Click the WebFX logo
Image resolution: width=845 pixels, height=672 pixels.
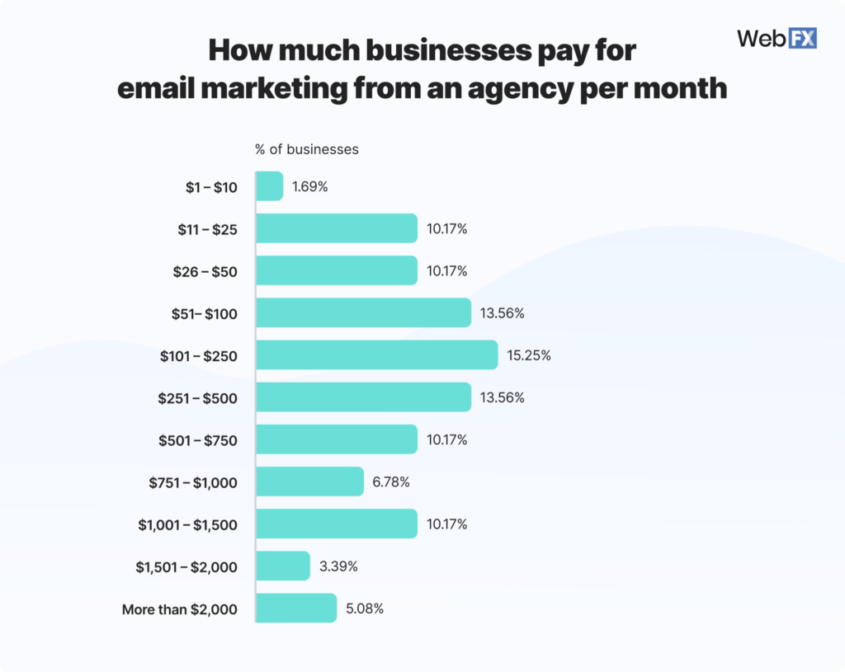[776, 38]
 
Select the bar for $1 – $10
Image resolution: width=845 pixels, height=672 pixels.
[270, 186]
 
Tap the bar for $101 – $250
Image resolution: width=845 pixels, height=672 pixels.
[377, 355]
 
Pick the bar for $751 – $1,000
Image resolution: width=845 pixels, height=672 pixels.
[309, 482]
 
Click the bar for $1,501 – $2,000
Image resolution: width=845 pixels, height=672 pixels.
[283, 566]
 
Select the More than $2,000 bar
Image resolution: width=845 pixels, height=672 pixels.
[296, 609]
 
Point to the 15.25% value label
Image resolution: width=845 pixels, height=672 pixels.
[529, 355]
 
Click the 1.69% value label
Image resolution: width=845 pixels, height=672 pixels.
[310, 186]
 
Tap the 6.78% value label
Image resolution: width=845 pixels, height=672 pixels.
[391, 482]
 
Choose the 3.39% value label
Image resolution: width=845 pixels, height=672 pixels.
[338, 566]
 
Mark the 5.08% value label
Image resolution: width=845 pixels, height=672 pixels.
[364, 609]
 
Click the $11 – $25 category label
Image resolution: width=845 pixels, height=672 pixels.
[207, 229]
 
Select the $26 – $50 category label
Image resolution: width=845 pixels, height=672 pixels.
[207, 271]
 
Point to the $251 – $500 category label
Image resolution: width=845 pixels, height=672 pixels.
[197, 397]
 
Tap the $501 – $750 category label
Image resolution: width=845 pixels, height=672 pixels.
[197, 440]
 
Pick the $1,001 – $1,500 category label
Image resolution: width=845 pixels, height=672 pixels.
[187, 524]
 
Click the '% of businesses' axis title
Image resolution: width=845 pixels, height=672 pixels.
[307, 149]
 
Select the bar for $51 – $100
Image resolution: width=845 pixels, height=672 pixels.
[363, 313]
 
